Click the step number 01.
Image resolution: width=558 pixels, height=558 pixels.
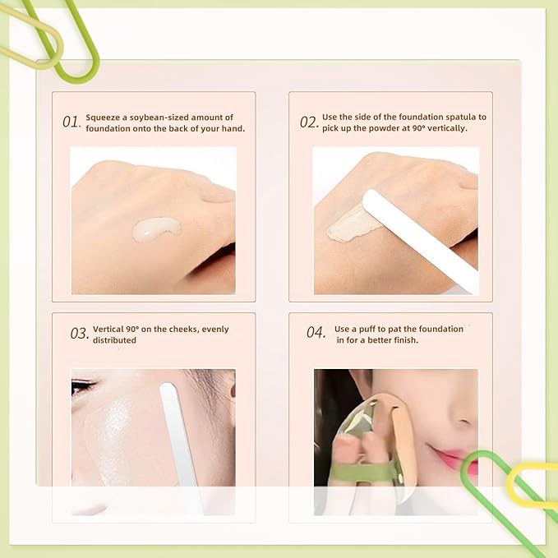pyautogui.click(x=71, y=122)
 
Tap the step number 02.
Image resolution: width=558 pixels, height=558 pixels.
pyautogui.click(x=309, y=122)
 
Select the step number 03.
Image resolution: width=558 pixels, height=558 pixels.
pyautogui.click(x=80, y=334)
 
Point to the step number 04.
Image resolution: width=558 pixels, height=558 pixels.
pyautogui.click(x=316, y=332)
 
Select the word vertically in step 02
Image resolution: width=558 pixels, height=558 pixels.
pyautogui.click(x=447, y=128)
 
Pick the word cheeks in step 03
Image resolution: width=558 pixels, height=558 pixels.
pyautogui.click(x=184, y=330)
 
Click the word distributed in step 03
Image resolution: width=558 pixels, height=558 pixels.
pyautogui.click(x=114, y=340)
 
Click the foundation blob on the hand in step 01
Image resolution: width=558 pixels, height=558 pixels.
pyautogui.click(x=157, y=228)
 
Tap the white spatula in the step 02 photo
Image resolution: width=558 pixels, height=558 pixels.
pyautogui.click(x=420, y=241)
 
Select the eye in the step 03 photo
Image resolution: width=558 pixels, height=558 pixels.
pyautogui.click(x=84, y=386)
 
